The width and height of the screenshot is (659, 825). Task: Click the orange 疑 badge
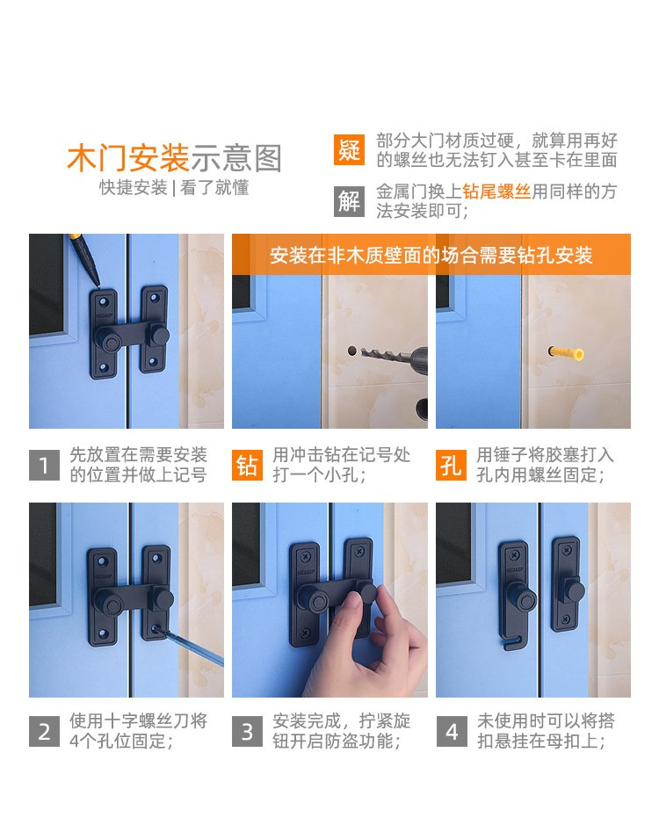pos(349,150)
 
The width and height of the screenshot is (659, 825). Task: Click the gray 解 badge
pos(349,201)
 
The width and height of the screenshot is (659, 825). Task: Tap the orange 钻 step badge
pos(247,465)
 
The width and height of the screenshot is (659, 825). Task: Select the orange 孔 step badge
pos(451,465)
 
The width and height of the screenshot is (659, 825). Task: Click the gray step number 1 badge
pos(44,465)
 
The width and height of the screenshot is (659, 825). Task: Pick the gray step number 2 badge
pos(44,731)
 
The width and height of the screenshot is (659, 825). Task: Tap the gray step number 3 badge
pos(247,731)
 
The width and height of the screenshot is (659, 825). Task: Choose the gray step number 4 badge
pos(451,731)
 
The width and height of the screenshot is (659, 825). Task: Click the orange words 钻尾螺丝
pos(496,192)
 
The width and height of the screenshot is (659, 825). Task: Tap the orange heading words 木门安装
pos(128,158)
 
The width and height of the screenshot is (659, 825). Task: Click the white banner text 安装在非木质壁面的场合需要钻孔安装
pos(431,255)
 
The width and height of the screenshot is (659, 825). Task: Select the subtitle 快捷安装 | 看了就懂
pos(174,187)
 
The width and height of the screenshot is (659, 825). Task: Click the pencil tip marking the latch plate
pos(98,285)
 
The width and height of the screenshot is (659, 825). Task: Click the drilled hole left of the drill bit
pos(351,351)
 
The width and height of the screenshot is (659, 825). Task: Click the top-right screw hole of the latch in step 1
pos(155,297)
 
